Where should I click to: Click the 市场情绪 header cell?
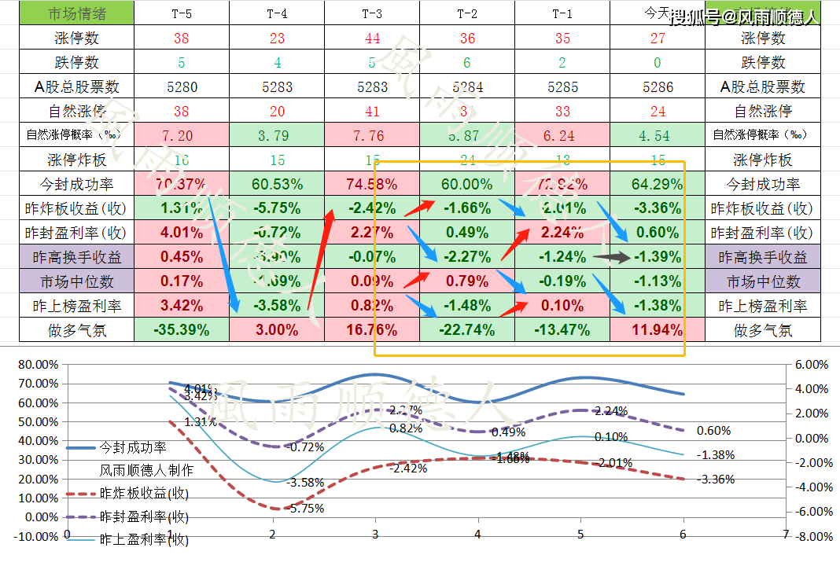(68, 13)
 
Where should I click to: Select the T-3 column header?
(372, 13)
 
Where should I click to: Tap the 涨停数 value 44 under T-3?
(372, 38)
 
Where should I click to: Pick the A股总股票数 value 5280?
(182, 87)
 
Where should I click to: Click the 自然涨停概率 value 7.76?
(372, 136)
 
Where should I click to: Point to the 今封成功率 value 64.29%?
(658, 185)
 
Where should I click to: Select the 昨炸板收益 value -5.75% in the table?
(277, 209)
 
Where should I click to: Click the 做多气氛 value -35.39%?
(182, 330)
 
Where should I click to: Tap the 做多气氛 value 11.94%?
(658, 330)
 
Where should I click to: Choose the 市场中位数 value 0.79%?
(467, 281)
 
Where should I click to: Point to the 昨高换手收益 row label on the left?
(68, 257)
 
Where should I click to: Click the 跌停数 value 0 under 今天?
(658, 62)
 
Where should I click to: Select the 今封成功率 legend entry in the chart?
(132, 447)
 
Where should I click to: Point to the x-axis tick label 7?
(785, 534)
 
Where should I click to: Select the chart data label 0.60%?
(713, 431)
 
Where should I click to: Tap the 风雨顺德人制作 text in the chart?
(146, 471)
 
